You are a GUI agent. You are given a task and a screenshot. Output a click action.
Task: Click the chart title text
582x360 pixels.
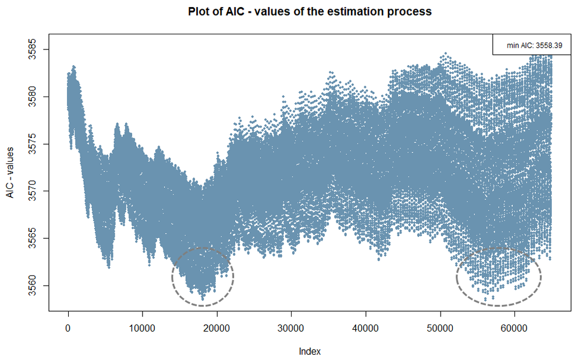tap(310, 11)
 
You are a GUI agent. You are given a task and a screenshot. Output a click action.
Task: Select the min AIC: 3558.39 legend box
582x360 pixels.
tap(530, 44)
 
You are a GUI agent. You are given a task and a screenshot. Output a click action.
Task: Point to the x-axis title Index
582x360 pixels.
tap(310, 351)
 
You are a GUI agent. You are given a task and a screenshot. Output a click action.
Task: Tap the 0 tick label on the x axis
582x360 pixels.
tap(68, 328)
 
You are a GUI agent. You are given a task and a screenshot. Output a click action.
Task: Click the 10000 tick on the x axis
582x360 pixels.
tap(143, 328)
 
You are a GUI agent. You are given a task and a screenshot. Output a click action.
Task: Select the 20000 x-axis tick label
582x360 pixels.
tap(217, 328)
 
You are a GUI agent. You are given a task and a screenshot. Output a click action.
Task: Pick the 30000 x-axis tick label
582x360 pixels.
tap(291, 328)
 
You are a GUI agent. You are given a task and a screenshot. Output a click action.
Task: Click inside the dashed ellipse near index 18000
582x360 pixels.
tap(203, 276)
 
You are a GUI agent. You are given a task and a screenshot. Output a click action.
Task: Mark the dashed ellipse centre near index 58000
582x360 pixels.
tap(499, 277)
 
